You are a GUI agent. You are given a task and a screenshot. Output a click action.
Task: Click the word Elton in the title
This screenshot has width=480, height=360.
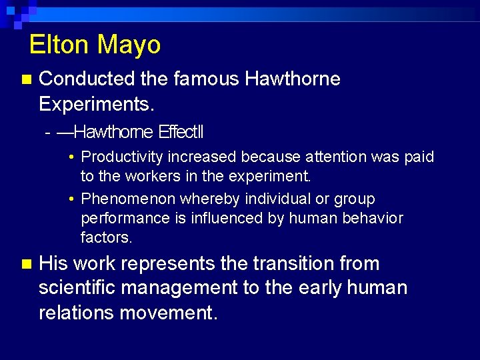(x=59, y=45)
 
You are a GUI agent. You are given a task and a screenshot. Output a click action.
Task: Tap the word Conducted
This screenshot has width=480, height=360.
(x=87, y=79)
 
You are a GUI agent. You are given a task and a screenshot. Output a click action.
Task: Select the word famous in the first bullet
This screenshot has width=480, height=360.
(x=205, y=79)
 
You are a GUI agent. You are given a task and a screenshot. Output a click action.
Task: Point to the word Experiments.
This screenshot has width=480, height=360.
(x=97, y=104)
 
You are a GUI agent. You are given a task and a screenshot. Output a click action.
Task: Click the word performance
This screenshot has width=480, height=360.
(x=119, y=219)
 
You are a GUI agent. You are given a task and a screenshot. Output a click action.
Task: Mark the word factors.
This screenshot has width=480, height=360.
(x=107, y=237)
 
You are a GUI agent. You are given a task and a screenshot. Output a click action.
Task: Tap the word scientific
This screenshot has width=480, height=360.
(x=79, y=288)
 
